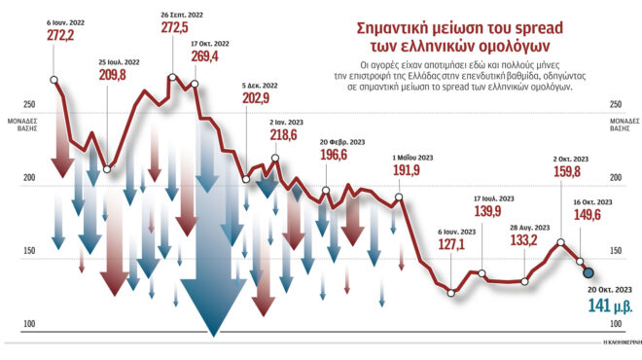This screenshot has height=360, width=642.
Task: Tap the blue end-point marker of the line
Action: (x=588, y=272)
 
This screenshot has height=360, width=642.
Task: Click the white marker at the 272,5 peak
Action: (x=173, y=77)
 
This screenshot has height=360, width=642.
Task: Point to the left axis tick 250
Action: (x=29, y=104)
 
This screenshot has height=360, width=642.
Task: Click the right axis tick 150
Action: (x=616, y=251)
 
